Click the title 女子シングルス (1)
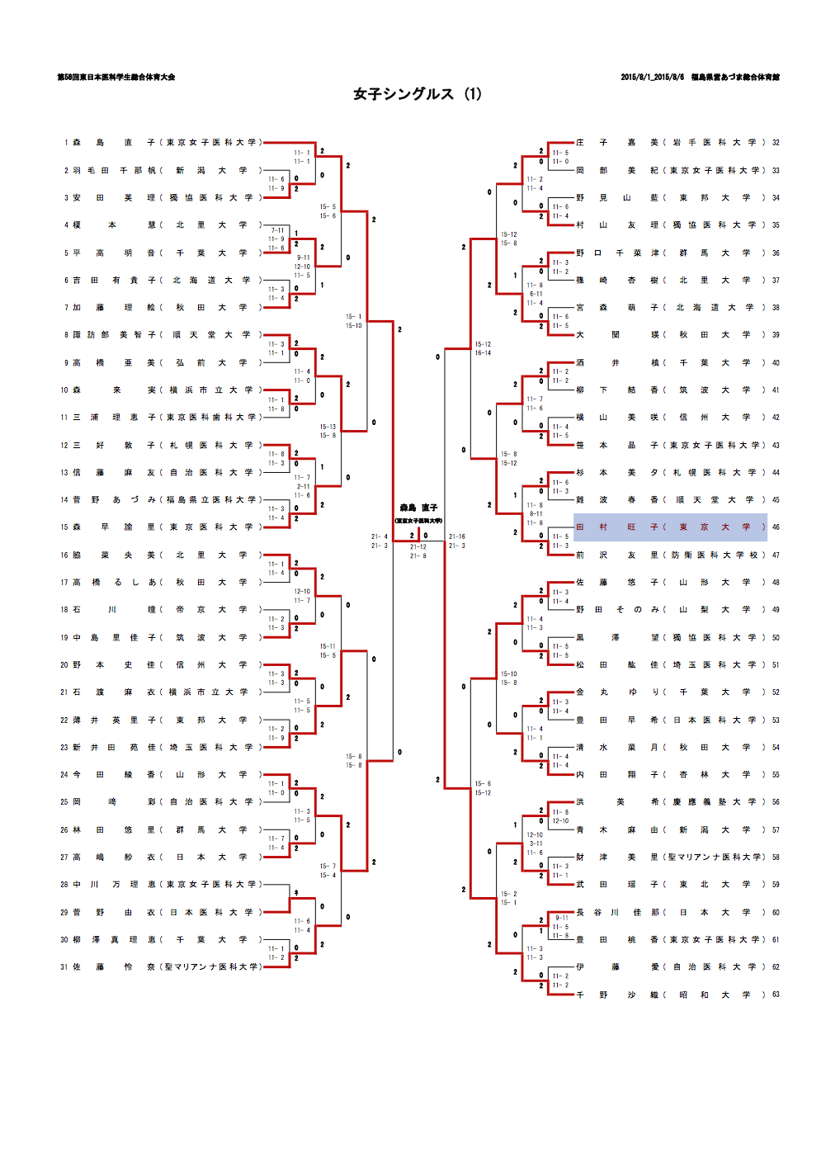(417, 94)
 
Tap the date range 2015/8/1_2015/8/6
(652, 78)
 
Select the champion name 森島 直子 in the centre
(418, 508)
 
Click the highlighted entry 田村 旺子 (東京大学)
(670, 527)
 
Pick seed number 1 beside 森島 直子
(66, 143)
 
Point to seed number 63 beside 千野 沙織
(776, 995)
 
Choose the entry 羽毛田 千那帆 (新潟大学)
(161, 171)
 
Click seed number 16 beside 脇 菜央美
(64, 555)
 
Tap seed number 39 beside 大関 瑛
(776, 335)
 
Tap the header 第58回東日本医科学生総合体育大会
(116, 78)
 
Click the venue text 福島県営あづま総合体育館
(735, 78)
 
